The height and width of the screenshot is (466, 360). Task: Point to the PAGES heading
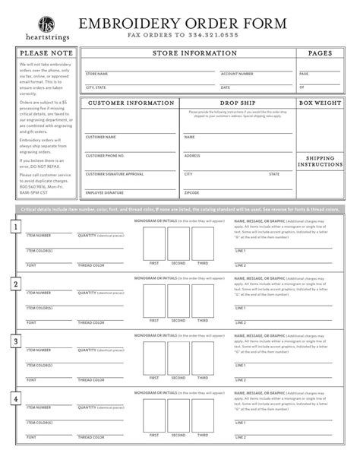pos(320,54)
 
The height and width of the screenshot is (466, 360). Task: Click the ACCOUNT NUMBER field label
pos(237,74)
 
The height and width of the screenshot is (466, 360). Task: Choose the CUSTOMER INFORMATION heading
pos(129,103)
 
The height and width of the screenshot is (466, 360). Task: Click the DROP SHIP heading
pos(237,103)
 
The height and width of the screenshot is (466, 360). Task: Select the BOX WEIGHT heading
pos(320,103)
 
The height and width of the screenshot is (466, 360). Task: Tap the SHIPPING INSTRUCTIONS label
pos(320,162)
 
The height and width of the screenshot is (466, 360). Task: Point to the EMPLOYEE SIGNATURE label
pos(104,193)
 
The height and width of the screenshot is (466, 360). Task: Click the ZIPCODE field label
pos(192,193)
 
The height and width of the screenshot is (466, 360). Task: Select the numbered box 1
pos(16,227)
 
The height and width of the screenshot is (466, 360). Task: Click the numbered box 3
pos(16,341)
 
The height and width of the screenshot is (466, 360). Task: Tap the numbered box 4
pos(16,398)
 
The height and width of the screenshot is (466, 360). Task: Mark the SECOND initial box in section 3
pos(178,357)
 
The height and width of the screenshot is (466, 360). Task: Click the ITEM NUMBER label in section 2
pos(39,293)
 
